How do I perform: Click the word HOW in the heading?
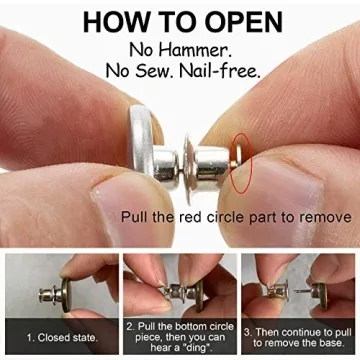(x=119, y=22)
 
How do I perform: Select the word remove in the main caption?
(x=326, y=217)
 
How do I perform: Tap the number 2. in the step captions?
(x=130, y=327)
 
